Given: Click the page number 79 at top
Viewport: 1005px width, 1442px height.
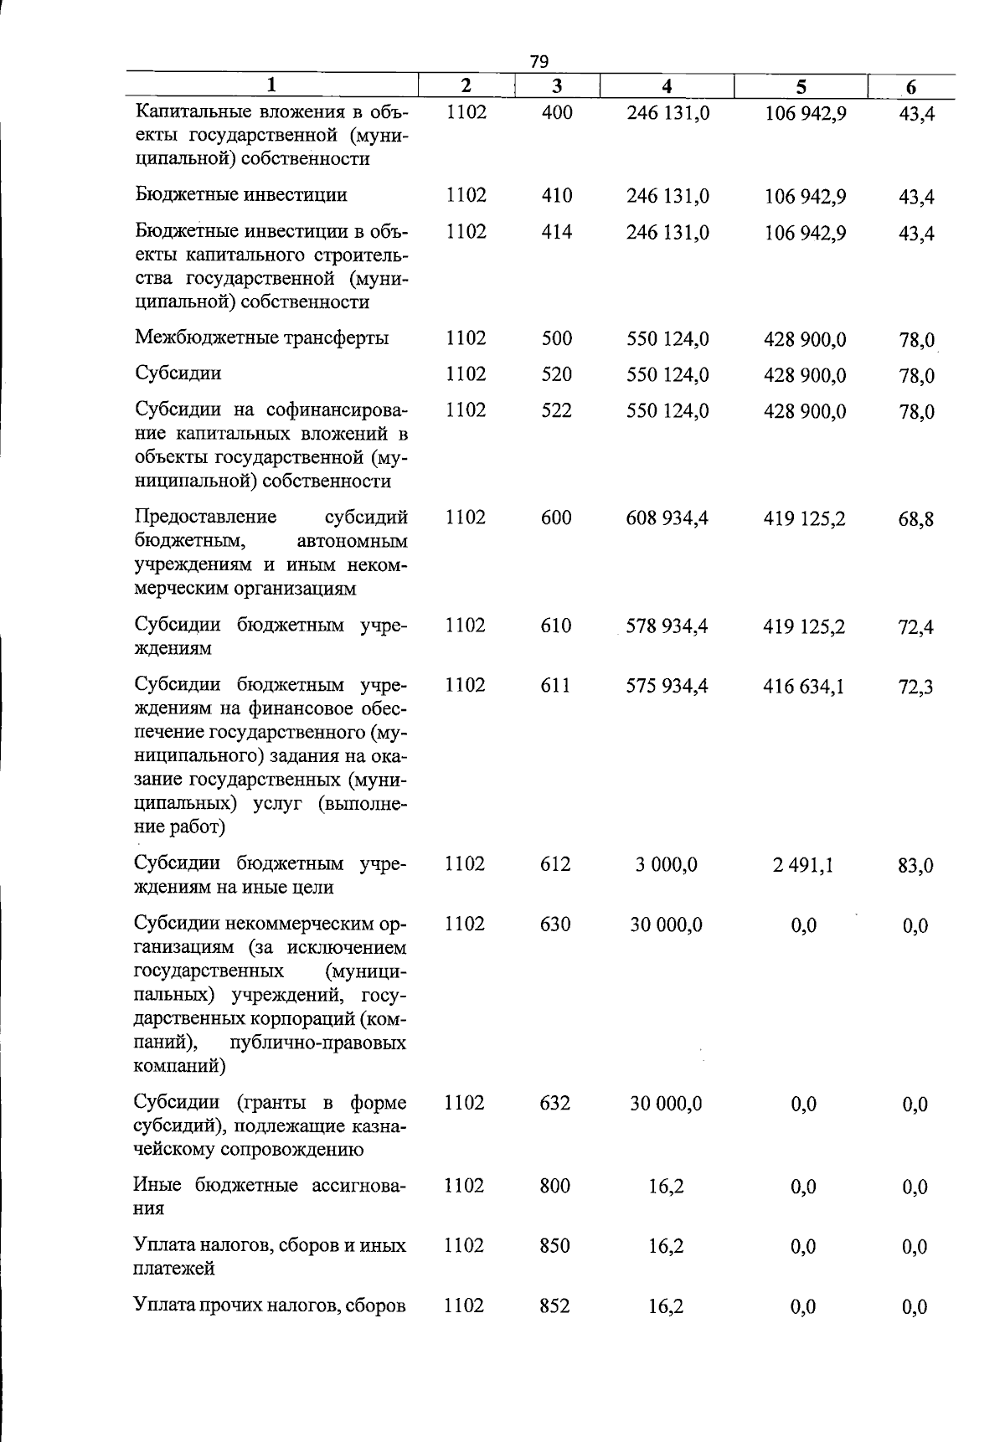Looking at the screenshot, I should [539, 61].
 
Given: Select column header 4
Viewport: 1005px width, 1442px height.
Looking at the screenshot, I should [667, 86].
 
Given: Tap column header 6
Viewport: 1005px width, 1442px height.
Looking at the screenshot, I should [911, 87].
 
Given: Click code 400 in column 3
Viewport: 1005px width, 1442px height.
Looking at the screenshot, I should [557, 112].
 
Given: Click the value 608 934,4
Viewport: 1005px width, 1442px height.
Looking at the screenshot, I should [667, 518].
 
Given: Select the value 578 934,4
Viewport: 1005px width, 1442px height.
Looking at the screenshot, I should [667, 626].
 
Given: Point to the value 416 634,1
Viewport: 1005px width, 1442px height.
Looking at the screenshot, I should [804, 687].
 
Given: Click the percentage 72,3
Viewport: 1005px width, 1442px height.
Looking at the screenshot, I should [915, 688].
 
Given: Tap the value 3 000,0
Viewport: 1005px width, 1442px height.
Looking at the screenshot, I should [667, 864].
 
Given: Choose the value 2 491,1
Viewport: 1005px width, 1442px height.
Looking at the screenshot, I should [803, 865].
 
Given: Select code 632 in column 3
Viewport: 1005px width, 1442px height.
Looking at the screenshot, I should [555, 1103].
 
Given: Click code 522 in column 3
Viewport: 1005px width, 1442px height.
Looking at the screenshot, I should [557, 410].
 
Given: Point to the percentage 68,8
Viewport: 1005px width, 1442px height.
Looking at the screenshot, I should [916, 519].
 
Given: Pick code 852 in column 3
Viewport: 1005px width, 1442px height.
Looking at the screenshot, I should [555, 1306].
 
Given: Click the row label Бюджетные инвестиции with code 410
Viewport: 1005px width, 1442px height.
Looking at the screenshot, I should [241, 195].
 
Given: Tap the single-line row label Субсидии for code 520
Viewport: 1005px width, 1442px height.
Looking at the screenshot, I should [178, 373].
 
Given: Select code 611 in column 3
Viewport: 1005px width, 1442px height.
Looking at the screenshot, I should [555, 686].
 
